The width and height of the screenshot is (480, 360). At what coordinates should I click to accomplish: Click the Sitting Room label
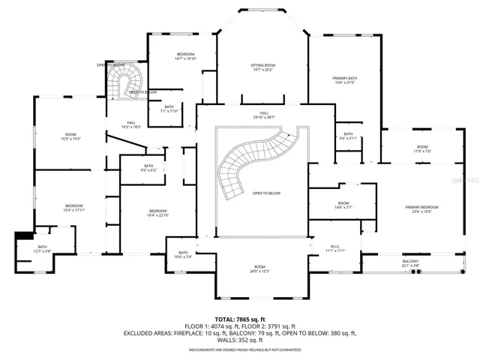[262, 67]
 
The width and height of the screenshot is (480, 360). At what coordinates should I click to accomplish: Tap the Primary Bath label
[344, 80]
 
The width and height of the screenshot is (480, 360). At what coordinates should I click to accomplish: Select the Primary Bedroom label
[421, 209]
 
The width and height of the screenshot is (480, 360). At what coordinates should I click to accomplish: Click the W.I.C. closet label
[335, 248]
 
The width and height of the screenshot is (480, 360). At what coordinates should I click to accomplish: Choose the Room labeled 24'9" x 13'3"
[259, 269]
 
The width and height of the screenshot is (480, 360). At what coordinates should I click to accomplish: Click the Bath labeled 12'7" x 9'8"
[42, 249]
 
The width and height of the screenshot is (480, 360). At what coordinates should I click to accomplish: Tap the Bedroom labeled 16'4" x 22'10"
[157, 213]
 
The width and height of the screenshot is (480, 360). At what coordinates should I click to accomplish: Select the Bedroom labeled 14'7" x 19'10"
[185, 57]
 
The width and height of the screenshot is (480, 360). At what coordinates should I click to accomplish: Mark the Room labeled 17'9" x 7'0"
[422, 149]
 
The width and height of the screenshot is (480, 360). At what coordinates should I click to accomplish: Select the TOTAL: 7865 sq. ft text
[240, 319]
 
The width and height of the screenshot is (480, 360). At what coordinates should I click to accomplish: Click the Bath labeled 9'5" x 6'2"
[148, 168]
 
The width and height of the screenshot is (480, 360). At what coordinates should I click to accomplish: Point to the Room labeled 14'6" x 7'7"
[343, 205]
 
